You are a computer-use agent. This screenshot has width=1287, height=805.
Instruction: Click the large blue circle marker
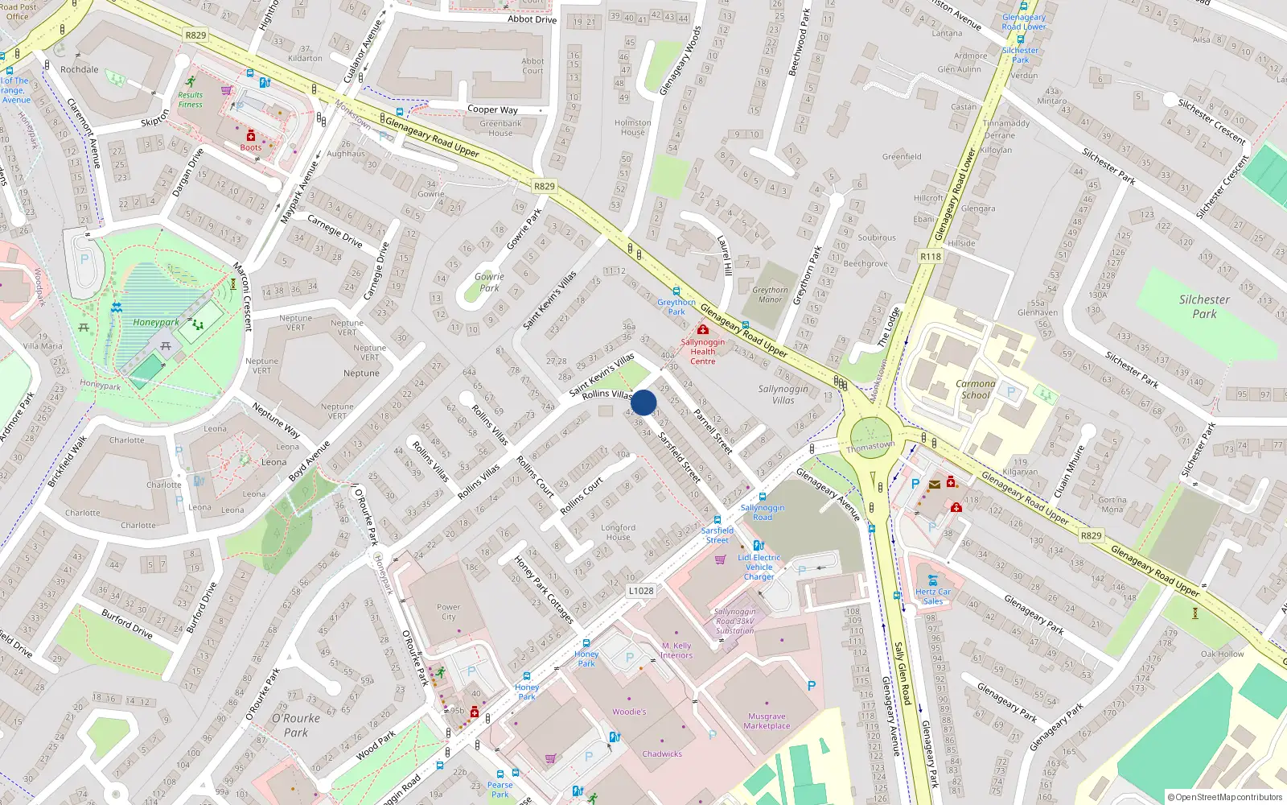point(643,402)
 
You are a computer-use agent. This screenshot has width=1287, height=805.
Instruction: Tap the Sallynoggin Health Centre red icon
point(703,330)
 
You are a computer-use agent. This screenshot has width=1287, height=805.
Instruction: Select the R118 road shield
point(930,256)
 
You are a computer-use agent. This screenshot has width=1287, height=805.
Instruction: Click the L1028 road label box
point(640,590)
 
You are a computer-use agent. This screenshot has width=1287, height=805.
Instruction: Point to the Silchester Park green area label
point(1204,307)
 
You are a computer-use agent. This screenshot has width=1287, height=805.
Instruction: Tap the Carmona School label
point(975,390)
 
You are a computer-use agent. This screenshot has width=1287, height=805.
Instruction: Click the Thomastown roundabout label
point(870,446)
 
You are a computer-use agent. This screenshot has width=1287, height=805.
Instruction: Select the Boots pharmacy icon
point(251,135)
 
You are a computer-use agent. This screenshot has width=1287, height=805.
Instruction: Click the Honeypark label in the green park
point(156,322)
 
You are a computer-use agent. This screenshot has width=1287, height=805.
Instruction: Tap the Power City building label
point(448,612)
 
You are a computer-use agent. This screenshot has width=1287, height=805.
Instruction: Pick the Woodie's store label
point(629,712)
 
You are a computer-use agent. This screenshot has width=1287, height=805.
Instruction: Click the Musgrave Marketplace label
point(767,720)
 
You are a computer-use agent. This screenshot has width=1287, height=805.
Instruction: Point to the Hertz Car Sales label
point(933,597)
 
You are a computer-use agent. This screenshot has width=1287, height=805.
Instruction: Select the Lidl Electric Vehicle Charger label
point(759,567)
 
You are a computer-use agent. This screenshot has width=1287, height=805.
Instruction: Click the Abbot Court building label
point(532,66)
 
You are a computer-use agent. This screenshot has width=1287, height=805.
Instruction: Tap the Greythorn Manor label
point(770,295)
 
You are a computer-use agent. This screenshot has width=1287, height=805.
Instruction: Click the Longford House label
point(618,532)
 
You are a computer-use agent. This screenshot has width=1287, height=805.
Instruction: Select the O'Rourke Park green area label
point(296,724)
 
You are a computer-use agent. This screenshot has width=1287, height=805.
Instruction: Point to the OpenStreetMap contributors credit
point(1224,797)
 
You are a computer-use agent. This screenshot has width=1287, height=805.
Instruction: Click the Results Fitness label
point(191,100)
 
